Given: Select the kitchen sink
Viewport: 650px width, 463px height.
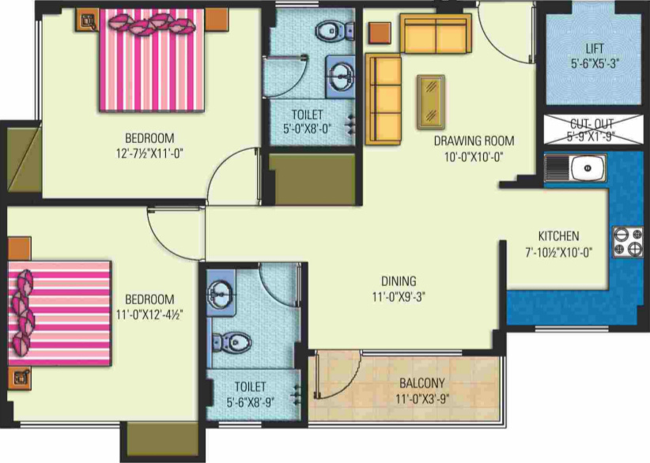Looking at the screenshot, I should [x=584, y=168].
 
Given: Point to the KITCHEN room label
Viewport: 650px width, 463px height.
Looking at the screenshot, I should [x=558, y=236].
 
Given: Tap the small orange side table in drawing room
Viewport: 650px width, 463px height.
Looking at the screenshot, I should [x=380, y=32].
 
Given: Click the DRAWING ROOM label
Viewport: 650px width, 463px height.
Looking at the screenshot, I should [x=474, y=141].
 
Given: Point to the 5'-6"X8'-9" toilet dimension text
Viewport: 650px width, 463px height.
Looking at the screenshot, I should [x=250, y=401].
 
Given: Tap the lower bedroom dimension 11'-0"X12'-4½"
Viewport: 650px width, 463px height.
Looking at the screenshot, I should [x=150, y=314].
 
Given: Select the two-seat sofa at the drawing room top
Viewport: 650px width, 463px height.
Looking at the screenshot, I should [x=434, y=32].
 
